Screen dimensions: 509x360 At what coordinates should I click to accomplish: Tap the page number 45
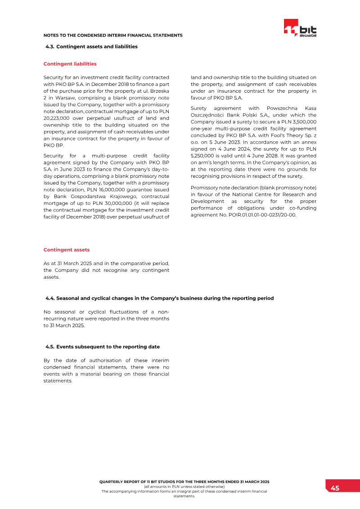pyautogui.click(x=335, y=488)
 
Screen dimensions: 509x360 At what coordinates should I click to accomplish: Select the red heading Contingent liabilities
pyautogui.click(x=70, y=64)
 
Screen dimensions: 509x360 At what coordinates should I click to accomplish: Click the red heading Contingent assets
pyautogui.click(x=66, y=250)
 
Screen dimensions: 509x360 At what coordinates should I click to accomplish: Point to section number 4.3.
pyautogui.click(x=50, y=46)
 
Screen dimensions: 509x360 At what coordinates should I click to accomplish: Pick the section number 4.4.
pyautogui.click(x=50, y=298)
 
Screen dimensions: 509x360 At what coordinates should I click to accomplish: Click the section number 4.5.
pyautogui.click(x=50, y=347)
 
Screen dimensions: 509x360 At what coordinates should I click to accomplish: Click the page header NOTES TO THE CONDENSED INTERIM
pyautogui.click(x=113, y=35)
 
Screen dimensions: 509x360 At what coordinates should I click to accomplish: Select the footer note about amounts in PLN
pyautogui.click(x=184, y=486)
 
